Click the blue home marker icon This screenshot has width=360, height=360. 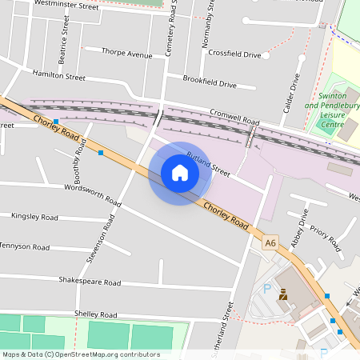pos(180,173)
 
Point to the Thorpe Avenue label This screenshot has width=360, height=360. pos(126,54)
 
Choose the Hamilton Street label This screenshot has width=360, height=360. pos(58,75)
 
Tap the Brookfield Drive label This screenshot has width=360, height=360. pos(210,83)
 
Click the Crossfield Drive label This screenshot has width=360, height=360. pos(234,54)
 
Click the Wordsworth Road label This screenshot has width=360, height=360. pos(92,195)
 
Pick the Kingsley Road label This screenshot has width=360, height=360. pos(34,217)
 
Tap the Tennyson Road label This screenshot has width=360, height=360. pos(26,246)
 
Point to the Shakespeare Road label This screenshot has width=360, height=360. pos(90,282)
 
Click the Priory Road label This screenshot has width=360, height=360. pos(326,238)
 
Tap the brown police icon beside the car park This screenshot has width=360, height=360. pos(282,294)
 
